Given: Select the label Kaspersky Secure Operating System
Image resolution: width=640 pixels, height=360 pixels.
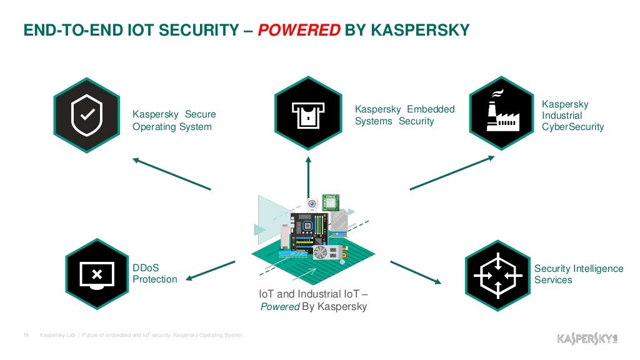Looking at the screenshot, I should click(x=174, y=121).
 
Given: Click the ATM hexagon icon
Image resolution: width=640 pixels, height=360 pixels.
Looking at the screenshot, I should click(x=308, y=113).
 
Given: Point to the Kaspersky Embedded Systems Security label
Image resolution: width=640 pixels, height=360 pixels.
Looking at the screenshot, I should click(x=404, y=115).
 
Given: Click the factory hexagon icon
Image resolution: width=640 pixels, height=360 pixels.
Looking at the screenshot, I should click(x=502, y=113).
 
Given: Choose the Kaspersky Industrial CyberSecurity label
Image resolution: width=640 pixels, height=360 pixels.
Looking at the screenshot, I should click(x=572, y=116).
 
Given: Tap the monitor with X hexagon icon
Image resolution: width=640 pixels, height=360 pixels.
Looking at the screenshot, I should click(x=97, y=273).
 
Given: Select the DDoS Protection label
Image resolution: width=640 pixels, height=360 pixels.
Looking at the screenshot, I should click(x=154, y=273).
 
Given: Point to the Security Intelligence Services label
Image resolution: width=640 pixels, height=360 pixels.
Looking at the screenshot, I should click(x=579, y=274).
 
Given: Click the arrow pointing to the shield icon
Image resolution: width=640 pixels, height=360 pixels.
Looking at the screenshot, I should click(x=171, y=174).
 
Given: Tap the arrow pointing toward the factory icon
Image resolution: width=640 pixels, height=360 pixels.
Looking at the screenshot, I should click(x=452, y=172).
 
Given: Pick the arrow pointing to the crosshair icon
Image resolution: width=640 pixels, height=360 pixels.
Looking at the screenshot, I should click(x=415, y=271).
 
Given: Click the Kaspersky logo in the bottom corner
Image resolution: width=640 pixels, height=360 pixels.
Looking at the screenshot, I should click(x=587, y=338).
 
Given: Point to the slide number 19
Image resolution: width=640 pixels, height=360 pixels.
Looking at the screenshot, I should click(x=26, y=336).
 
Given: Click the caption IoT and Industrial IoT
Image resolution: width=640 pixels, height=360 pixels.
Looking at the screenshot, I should click(x=313, y=294).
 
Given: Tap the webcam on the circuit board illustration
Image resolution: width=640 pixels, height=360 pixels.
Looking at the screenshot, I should click(x=312, y=204).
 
